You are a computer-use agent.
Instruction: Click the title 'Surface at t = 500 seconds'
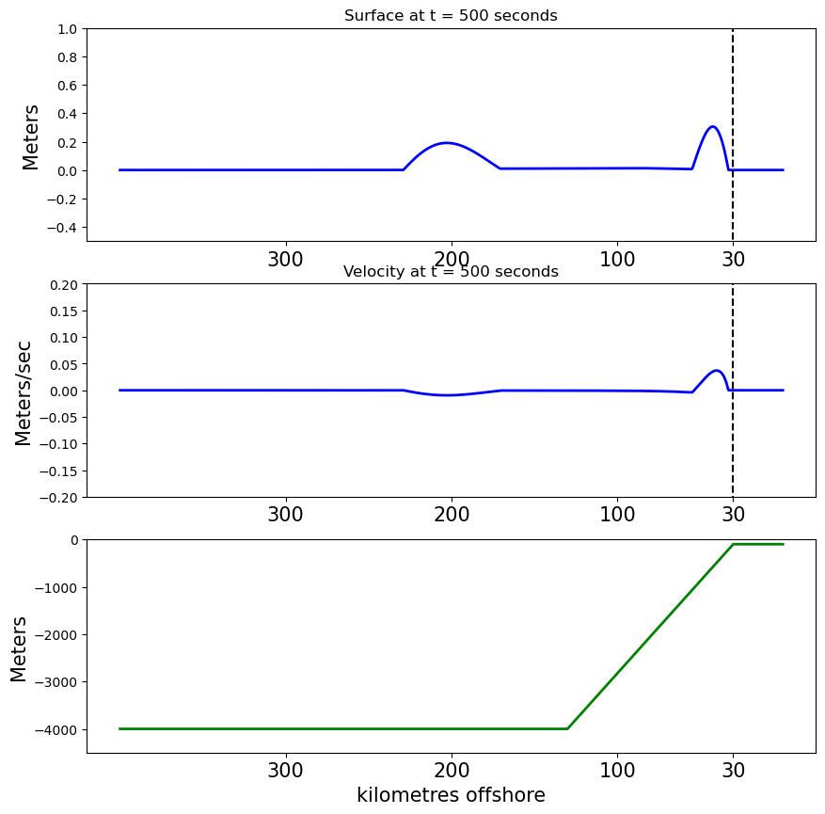451,16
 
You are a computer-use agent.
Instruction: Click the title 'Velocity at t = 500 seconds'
451,272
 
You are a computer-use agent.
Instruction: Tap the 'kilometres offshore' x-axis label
451,795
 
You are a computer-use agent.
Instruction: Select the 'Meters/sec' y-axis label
24,392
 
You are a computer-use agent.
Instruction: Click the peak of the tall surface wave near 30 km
713,126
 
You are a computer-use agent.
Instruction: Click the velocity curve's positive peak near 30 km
717,371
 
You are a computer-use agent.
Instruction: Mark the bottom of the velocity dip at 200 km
450,395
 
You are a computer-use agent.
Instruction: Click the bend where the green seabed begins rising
567,728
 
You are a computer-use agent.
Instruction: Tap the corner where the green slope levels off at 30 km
733,544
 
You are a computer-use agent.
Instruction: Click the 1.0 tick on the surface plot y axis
67,28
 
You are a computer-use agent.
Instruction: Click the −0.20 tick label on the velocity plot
59,497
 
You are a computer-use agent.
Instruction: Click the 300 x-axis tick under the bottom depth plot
285,772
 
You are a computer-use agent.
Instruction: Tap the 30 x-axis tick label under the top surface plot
734,260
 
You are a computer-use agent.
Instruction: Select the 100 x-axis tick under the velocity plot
617,516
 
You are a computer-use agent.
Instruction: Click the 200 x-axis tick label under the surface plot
452,260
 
